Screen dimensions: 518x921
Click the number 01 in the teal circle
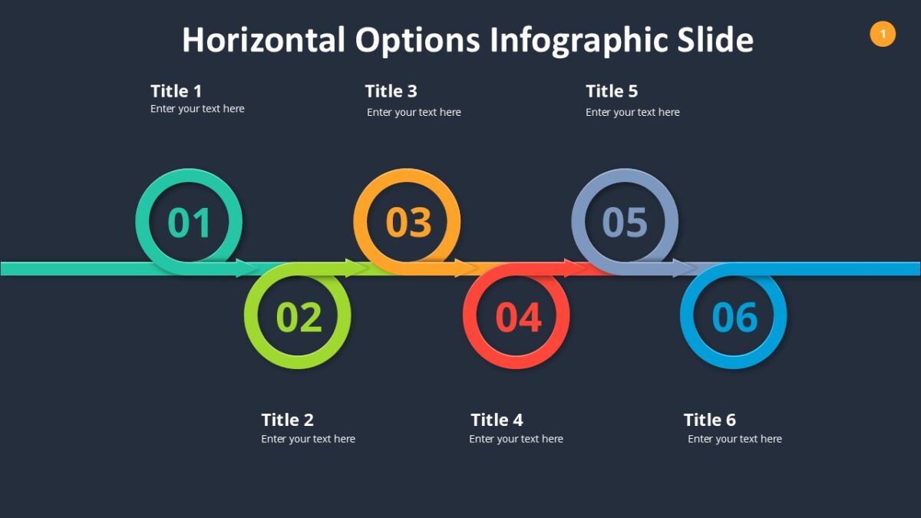pyautogui.click(x=189, y=223)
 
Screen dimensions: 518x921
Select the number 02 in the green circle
pyautogui.click(x=299, y=317)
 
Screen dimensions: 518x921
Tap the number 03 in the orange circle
pyautogui.click(x=408, y=223)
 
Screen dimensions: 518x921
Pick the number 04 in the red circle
pyautogui.click(x=518, y=317)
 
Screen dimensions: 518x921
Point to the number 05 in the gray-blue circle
pyautogui.click(x=625, y=223)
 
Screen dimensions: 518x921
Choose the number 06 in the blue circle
pyautogui.click(x=734, y=317)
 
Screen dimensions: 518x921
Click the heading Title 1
pyautogui.click(x=176, y=91)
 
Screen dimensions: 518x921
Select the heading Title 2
pyautogui.click(x=287, y=420)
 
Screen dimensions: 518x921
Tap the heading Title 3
pyautogui.click(x=391, y=91)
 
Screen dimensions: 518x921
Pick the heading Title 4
pyautogui.click(x=497, y=420)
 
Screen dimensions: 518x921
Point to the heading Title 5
pyautogui.click(x=612, y=91)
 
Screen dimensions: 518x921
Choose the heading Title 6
pyautogui.click(x=709, y=420)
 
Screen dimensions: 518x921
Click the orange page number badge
pyautogui.click(x=883, y=34)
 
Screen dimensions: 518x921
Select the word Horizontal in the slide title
pyautogui.click(x=263, y=40)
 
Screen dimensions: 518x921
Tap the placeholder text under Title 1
pyautogui.click(x=197, y=109)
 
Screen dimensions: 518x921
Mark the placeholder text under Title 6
pyautogui.click(x=734, y=439)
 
